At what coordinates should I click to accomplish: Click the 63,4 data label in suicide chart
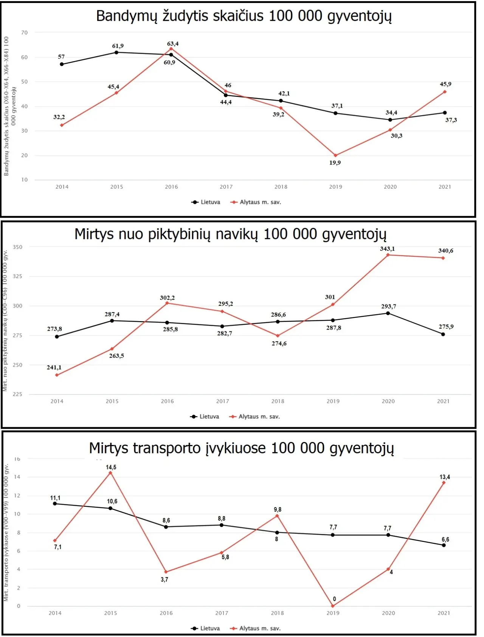pyautogui.click(x=173, y=44)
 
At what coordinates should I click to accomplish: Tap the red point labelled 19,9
pyautogui.click(x=335, y=155)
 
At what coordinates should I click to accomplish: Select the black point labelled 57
pyautogui.click(x=62, y=64)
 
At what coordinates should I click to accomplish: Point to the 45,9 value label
pyautogui.click(x=445, y=84)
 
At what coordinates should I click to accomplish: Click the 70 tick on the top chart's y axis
pyautogui.click(x=25, y=33)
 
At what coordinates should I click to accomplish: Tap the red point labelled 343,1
pyautogui.click(x=388, y=255)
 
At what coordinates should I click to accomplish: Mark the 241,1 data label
pyautogui.click(x=54, y=367)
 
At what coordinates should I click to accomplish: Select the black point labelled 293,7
pyautogui.click(x=388, y=313)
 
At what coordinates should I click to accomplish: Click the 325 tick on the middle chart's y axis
pyautogui.click(x=18, y=276)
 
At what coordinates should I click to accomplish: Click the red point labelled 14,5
pyautogui.click(x=110, y=473)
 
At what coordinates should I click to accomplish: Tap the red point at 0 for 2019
pyautogui.click(x=333, y=606)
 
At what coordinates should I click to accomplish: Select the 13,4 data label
pyautogui.click(x=445, y=477)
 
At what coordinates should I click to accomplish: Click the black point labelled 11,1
pyautogui.click(x=55, y=504)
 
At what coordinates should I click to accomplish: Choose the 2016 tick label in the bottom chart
pyautogui.click(x=166, y=613)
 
